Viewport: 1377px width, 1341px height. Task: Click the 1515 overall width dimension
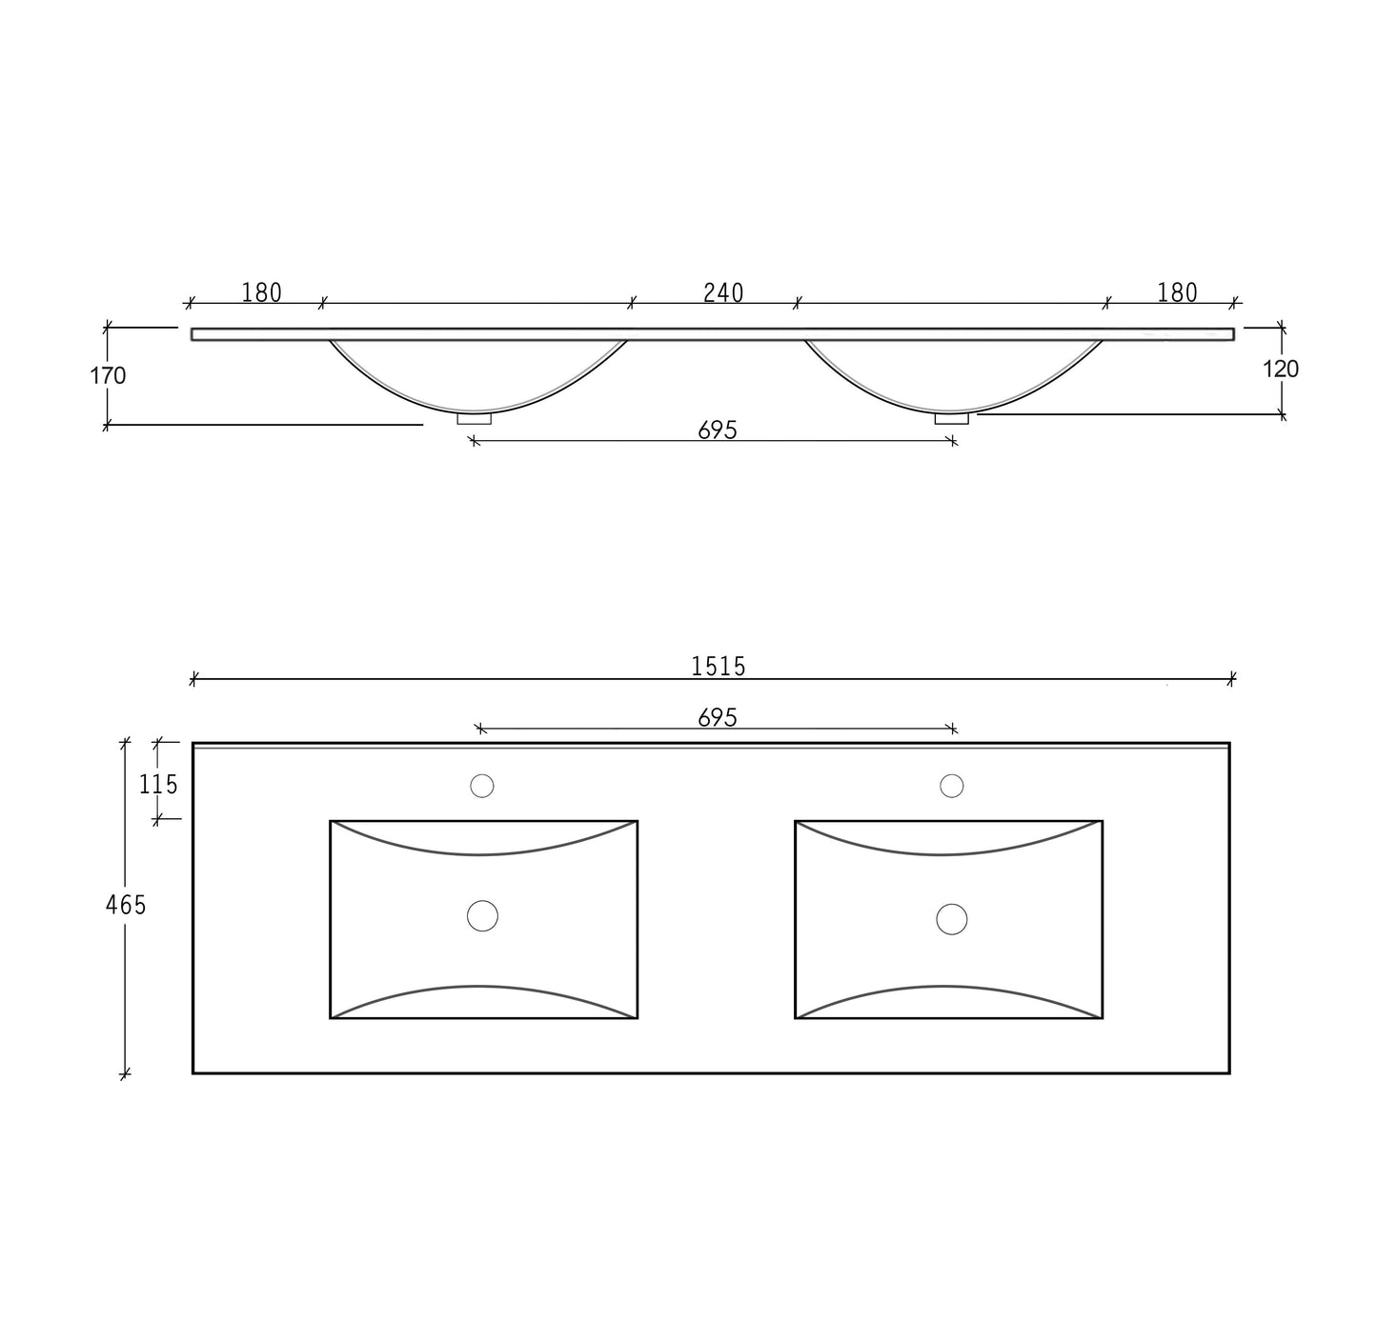point(719,667)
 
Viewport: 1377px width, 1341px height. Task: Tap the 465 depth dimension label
point(125,905)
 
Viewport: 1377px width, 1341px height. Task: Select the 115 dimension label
point(158,785)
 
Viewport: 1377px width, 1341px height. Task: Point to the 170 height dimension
point(108,375)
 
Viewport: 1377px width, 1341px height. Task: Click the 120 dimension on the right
point(1281,369)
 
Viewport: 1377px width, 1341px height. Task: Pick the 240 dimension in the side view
point(723,292)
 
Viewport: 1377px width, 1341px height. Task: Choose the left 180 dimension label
point(262,292)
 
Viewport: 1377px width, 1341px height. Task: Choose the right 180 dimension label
point(1177,292)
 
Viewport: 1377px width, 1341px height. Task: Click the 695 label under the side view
point(718,430)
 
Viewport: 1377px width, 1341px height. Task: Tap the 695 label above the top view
point(718,718)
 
